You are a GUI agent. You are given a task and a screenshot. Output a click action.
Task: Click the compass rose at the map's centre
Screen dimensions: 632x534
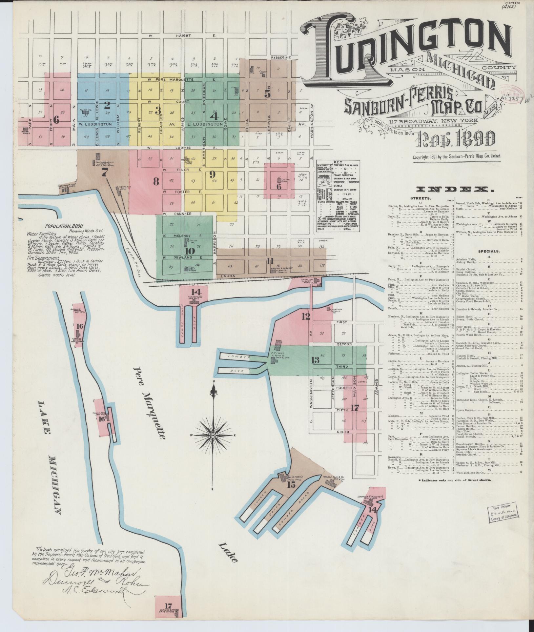click(x=213, y=435)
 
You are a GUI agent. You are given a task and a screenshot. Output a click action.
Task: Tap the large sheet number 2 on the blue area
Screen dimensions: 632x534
click(x=107, y=105)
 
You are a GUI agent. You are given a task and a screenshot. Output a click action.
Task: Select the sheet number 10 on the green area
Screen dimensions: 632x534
click(x=190, y=251)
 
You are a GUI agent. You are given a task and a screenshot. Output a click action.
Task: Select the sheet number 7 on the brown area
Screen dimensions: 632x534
click(x=104, y=173)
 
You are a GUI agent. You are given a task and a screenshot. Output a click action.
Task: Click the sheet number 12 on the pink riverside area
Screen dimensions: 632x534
click(x=306, y=316)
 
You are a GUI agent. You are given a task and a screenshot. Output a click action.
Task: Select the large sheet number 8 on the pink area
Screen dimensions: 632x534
click(x=156, y=181)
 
